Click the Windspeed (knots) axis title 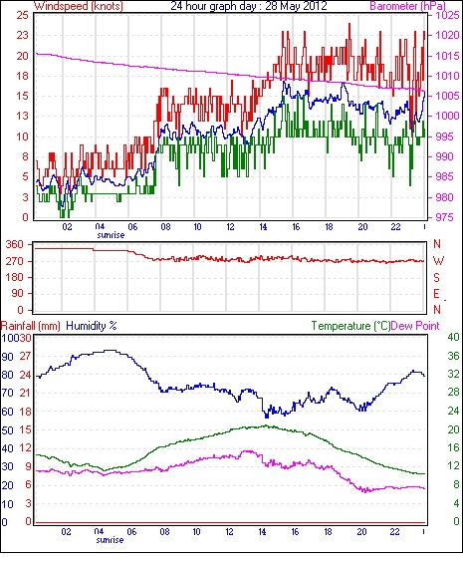click(79, 6)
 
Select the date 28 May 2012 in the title click(296, 6)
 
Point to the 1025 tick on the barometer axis click(446, 15)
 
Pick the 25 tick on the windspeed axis click(22, 15)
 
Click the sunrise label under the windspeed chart click(111, 235)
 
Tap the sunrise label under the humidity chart click(110, 539)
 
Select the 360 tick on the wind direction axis click(15, 245)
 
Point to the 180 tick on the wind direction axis click(15, 277)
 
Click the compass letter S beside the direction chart click(436, 277)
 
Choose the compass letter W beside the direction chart click(438, 261)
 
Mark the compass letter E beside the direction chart click(436, 294)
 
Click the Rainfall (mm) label click(31, 326)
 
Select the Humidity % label click(92, 326)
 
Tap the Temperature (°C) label click(350, 326)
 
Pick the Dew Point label click(415, 326)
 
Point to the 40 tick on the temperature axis click(453, 337)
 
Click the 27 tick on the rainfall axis click(25, 356)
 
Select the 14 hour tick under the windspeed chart click(263, 227)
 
